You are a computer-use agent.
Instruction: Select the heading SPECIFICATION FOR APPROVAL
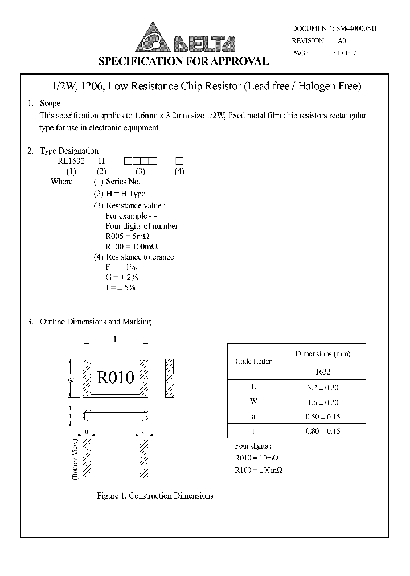(x=184, y=61)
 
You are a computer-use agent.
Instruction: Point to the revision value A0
(x=342, y=41)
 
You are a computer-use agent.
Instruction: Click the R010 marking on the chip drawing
(x=116, y=377)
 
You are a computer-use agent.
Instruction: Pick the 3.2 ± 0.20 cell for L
(x=323, y=388)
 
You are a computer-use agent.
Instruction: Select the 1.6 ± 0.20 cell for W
(x=323, y=402)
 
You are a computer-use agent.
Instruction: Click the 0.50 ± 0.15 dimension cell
(x=323, y=417)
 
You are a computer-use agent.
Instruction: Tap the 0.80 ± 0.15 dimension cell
(x=323, y=431)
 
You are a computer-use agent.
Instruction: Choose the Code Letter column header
(x=253, y=361)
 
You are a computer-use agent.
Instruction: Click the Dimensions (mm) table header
(x=323, y=353)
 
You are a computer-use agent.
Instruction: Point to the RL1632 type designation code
(x=71, y=161)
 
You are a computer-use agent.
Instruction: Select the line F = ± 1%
(x=121, y=267)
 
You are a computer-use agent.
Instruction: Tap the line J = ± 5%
(x=121, y=287)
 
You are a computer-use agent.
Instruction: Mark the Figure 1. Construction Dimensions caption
(x=155, y=496)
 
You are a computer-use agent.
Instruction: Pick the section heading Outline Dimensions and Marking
(x=95, y=322)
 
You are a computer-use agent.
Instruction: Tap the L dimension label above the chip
(x=116, y=340)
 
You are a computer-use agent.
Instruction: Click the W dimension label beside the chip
(x=70, y=380)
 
